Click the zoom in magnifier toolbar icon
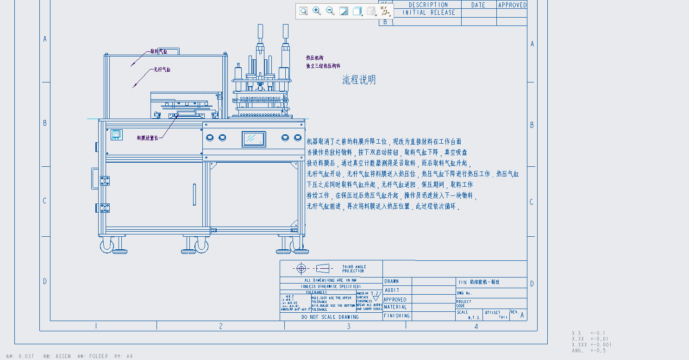[317, 11]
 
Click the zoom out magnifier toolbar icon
[330, 11]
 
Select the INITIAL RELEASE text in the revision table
[429, 13]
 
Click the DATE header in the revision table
[478, 5]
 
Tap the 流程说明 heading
[359, 80]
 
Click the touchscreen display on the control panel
[254, 139]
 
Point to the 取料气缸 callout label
[159, 51]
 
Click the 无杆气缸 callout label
[163, 69]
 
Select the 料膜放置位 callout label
[147, 138]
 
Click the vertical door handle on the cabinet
[194, 194]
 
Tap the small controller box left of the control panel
[116, 135]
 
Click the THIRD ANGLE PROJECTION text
[354, 269]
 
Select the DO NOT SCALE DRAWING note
[330, 317]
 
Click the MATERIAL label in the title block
[395, 307]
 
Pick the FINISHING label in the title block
[396, 316]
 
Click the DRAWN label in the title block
[391, 281]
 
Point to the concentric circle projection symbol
[301, 268]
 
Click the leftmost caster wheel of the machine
[107, 246]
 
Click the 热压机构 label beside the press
[314, 58]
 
